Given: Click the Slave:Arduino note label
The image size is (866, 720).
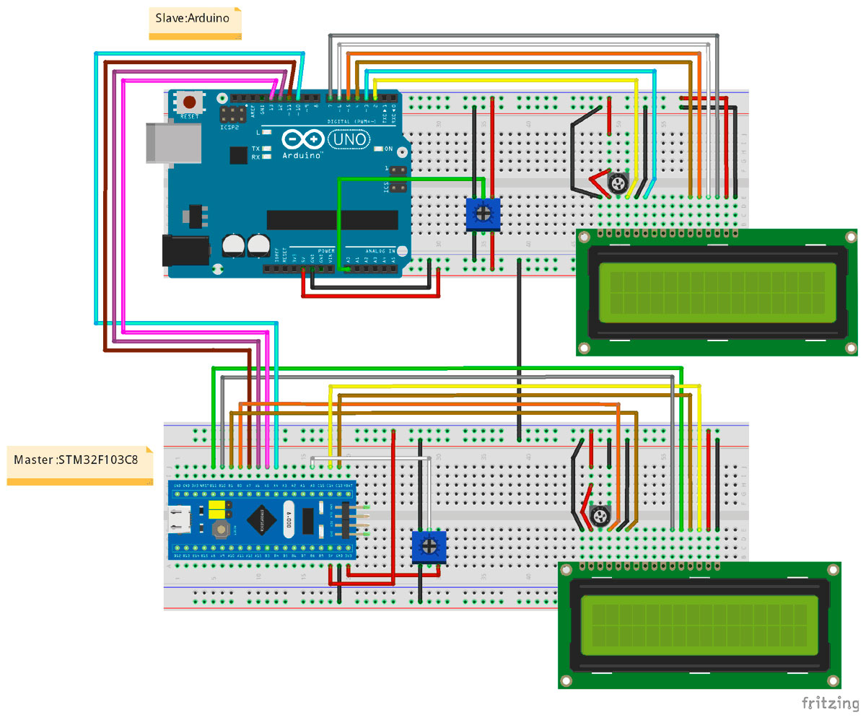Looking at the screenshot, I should click(x=193, y=19).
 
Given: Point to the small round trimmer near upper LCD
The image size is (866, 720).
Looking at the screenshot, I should click(x=617, y=184).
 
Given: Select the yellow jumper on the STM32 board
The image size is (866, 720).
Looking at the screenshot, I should click(x=215, y=511).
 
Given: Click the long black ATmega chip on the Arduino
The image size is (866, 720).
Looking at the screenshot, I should click(x=332, y=220).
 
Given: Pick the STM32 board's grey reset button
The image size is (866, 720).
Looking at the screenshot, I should click(x=222, y=531).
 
